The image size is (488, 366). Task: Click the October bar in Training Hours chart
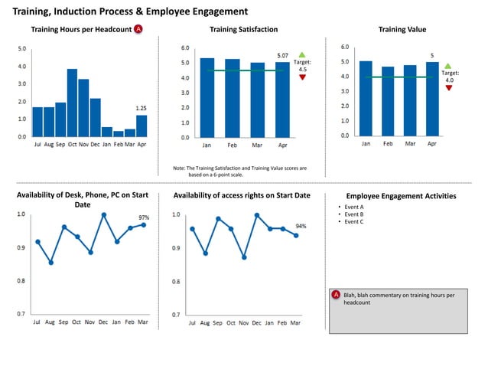pyautogui.click(x=72, y=103)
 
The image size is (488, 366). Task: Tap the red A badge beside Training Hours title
pyautogui.click(x=138, y=29)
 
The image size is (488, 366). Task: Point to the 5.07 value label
pyautogui.click(x=282, y=56)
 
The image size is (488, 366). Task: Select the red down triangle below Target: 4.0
pyautogui.click(x=448, y=88)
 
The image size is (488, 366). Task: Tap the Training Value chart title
pyautogui.click(x=402, y=29)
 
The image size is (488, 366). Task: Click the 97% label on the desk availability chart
pyautogui.click(x=143, y=217)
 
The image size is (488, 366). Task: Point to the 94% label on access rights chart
pyautogui.click(x=301, y=227)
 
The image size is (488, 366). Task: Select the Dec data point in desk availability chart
pyautogui.click(x=103, y=215)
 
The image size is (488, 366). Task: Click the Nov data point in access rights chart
pyautogui.click(x=244, y=258)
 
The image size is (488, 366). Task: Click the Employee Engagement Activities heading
pyautogui.click(x=401, y=196)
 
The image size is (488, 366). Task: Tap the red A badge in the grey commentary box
pyautogui.click(x=336, y=295)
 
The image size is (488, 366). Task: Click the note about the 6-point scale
pyautogui.click(x=240, y=171)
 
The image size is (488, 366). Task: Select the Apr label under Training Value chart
pyautogui.click(x=432, y=143)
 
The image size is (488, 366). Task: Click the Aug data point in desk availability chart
pyautogui.click(x=50, y=263)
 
